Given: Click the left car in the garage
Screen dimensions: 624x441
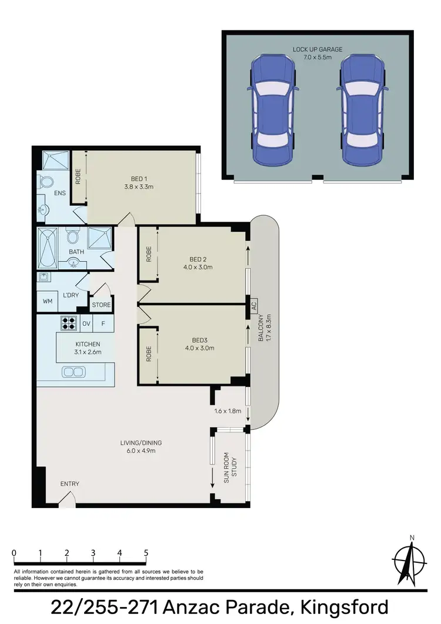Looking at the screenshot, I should point(272,110).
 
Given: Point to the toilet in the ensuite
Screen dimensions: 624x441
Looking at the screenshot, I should point(47,182).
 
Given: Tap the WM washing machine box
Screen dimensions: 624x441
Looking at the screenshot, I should point(47,302).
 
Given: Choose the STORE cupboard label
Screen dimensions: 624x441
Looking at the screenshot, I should point(101,305).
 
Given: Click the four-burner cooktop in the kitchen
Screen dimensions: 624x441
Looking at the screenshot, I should point(68,323).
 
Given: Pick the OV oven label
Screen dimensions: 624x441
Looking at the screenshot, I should point(86,323).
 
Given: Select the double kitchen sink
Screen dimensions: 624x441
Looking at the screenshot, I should point(73,372).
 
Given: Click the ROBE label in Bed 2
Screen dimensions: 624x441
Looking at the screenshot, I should point(149,254).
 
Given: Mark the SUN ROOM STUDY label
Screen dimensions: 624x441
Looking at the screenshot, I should point(230,470).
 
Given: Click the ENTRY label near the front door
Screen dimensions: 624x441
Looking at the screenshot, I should point(69,484).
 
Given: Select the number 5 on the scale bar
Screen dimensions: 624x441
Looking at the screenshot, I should point(146,553).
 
